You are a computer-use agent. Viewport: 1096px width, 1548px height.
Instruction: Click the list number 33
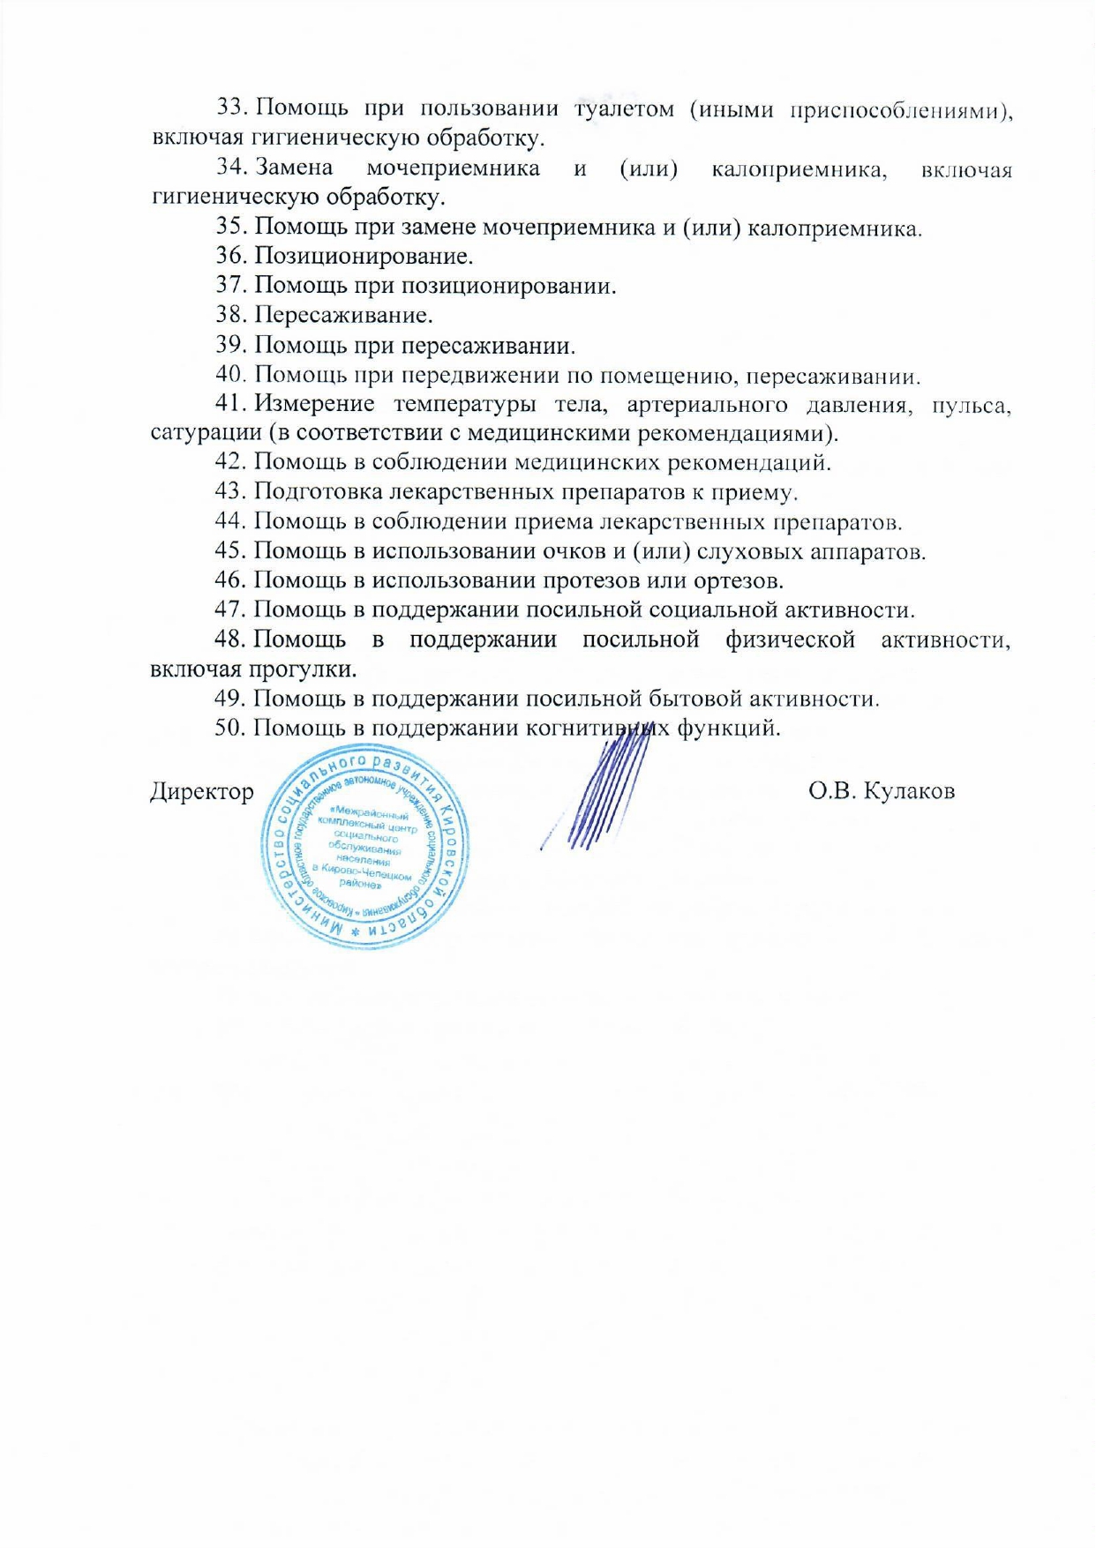pos(231,108)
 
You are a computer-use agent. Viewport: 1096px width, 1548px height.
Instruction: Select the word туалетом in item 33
pos(624,108)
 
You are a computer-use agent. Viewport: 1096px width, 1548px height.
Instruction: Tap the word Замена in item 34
pos(294,168)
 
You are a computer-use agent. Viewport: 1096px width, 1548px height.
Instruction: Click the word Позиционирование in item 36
pos(363,256)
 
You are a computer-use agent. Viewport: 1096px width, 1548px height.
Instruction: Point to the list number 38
pos(231,315)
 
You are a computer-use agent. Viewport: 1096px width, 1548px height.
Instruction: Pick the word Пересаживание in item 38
pos(342,315)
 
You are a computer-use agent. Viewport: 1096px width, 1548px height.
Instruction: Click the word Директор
pos(202,791)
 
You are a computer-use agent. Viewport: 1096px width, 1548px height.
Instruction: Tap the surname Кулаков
pos(908,791)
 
